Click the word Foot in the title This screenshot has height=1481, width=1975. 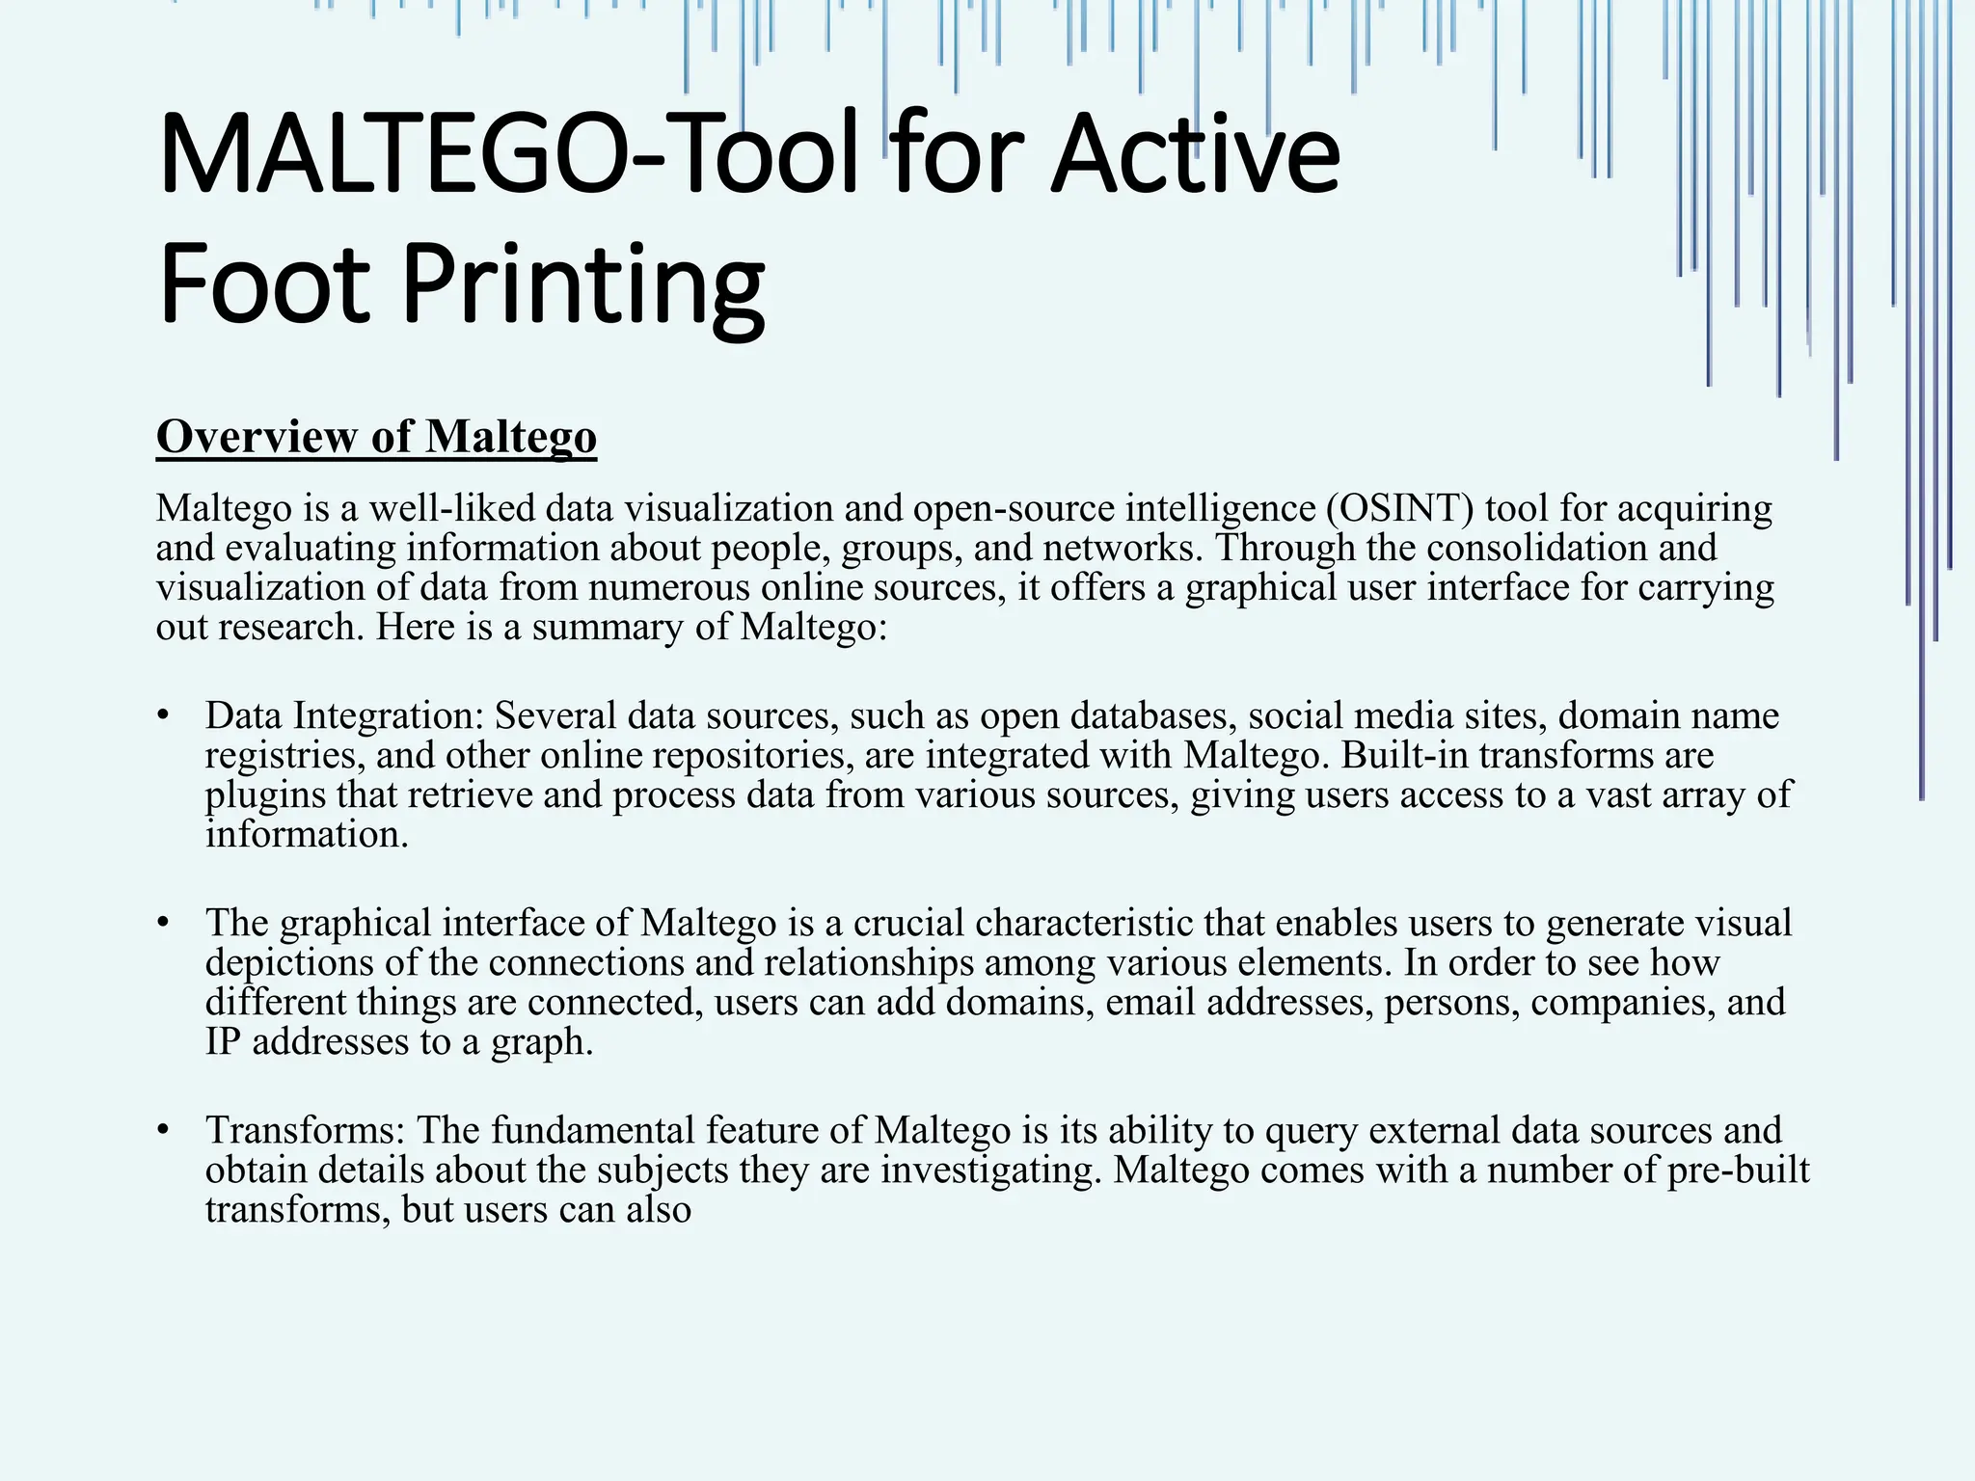pyautogui.click(x=264, y=284)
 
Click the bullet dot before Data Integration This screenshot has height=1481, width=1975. pyautogui.click(x=164, y=716)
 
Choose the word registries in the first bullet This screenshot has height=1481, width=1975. pyautogui.click(x=284, y=756)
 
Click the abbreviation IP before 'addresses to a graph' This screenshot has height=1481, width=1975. pyautogui.click(x=222, y=1042)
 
